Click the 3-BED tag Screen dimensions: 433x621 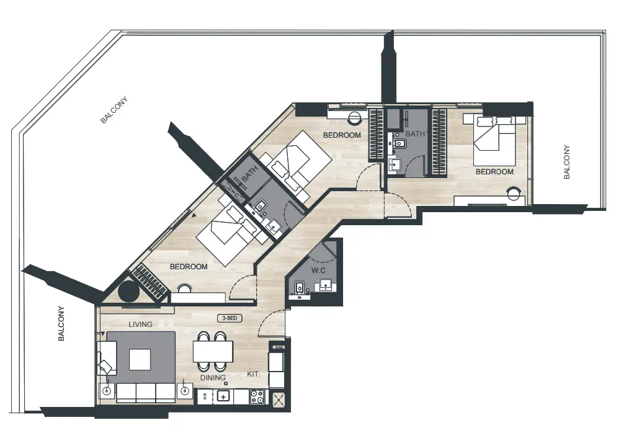(229, 318)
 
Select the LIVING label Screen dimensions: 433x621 (140, 324)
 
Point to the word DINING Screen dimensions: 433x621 (212, 377)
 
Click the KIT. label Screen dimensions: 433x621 (254, 375)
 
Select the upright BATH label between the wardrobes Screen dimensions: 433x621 (415, 134)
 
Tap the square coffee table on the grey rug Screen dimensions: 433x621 (140, 359)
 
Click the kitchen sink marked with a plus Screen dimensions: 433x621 (224, 396)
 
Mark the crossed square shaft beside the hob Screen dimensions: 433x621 (279, 400)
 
